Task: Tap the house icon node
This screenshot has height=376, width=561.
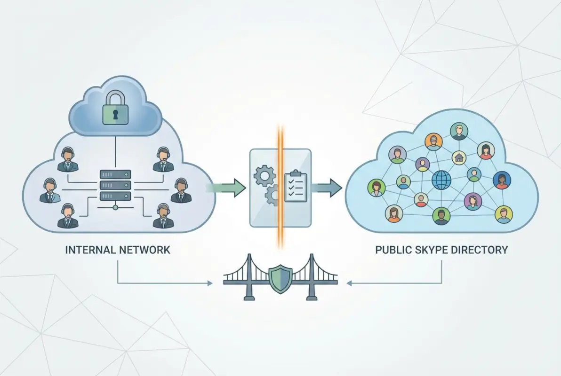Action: pyautogui.click(x=459, y=157)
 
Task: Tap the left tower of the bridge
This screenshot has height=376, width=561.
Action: pyautogui.click(x=248, y=277)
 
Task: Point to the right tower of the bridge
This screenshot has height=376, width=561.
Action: pyautogui.click(x=311, y=277)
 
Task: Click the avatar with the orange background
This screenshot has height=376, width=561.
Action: pyautogui.click(x=434, y=140)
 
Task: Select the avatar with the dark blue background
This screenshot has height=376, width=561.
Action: pyautogui.click(x=502, y=180)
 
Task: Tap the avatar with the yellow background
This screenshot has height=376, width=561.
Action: pyautogui.click(x=503, y=214)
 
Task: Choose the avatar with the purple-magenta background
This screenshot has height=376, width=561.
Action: pyautogui.click(x=472, y=201)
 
